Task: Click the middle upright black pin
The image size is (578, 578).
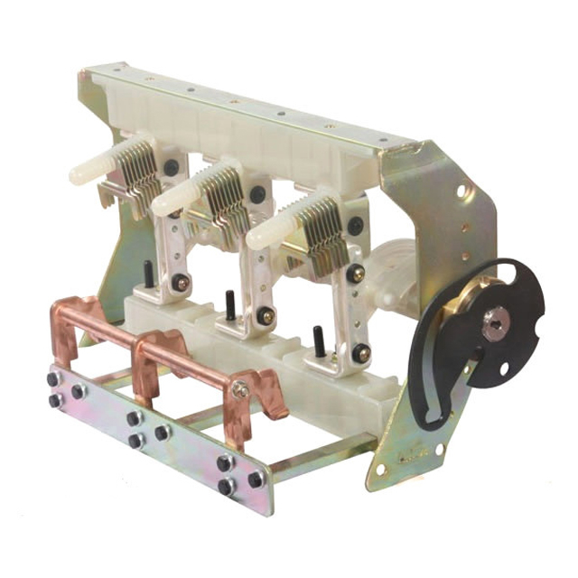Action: (x=231, y=305)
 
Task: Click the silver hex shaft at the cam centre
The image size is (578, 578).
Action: (x=494, y=322)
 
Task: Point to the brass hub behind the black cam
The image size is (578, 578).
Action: (x=474, y=298)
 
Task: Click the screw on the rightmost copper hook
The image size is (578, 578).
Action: (x=241, y=390)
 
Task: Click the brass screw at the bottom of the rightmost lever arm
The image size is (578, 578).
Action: (x=361, y=355)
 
